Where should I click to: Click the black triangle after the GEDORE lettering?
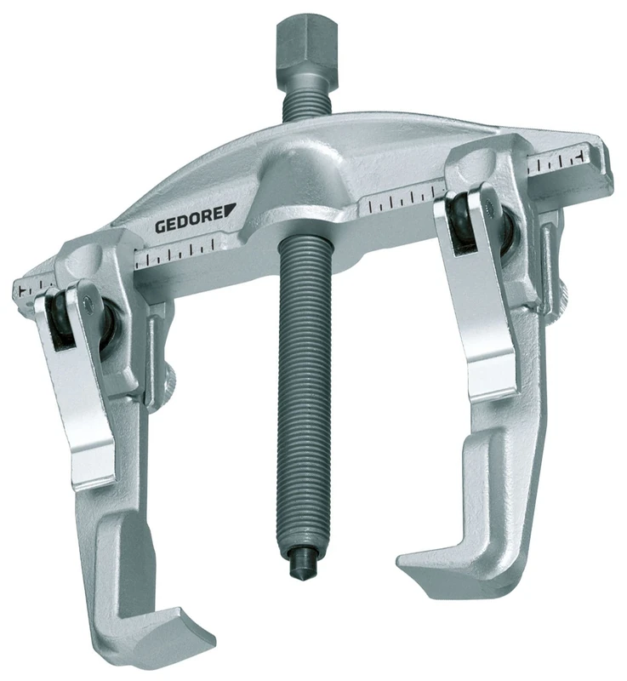tap(229, 220)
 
